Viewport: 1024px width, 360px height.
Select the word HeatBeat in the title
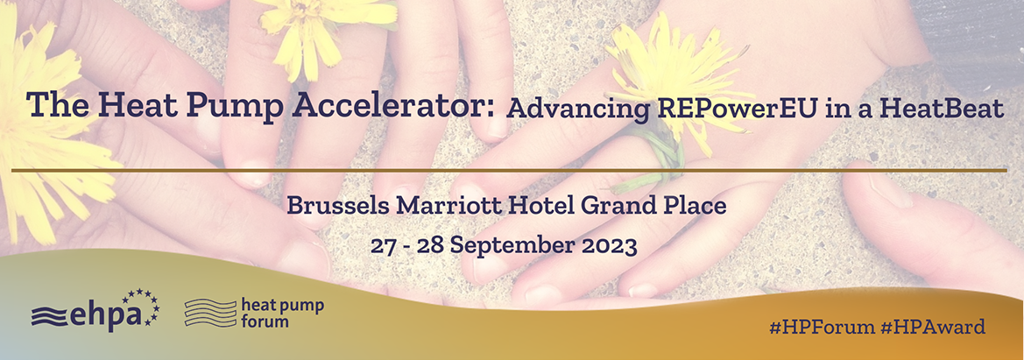coord(942,108)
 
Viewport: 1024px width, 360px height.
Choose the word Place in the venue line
coord(695,206)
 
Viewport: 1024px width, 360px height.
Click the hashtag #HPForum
coord(822,327)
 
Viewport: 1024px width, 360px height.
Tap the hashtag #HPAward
coord(933,327)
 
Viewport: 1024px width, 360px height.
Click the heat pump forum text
coord(282,313)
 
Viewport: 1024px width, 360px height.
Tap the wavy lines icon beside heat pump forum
coord(210,313)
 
